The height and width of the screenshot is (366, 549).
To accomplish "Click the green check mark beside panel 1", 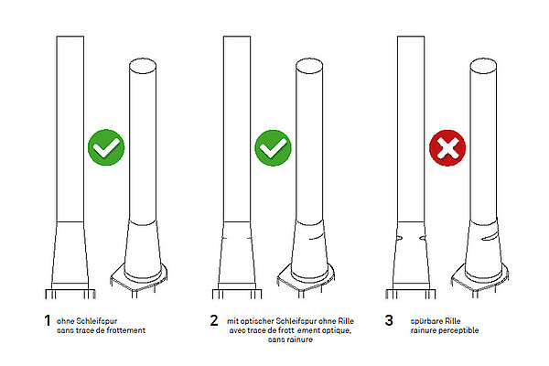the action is (x=106, y=147).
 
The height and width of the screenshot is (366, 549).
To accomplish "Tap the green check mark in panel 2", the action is (x=273, y=147).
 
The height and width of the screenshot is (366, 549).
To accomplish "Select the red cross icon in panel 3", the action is (x=447, y=148).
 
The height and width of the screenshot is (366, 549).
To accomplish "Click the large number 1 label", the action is (x=48, y=320).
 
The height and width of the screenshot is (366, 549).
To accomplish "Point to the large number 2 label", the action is (x=214, y=320).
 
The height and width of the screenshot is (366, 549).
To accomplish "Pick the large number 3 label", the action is (x=389, y=320).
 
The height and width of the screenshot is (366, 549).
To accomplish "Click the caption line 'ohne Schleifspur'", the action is (x=87, y=321).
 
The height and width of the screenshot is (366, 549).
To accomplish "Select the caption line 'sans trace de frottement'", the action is (x=101, y=330).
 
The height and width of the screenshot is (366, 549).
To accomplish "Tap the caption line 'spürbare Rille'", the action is (x=436, y=321).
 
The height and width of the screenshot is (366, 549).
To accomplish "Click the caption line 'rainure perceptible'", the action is (x=445, y=330).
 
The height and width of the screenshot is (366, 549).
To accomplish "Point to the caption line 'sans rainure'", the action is (x=290, y=339).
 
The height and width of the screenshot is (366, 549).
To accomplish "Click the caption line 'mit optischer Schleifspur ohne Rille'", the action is (x=290, y=321).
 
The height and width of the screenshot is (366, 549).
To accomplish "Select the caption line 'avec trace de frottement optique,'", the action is (x=290, y=330).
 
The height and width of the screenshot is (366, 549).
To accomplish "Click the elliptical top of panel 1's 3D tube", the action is (x=143, y=66).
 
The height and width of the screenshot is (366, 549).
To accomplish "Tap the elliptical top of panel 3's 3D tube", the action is (x=483, y=66).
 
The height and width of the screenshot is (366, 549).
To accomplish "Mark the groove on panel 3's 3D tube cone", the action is (x=490, y=238).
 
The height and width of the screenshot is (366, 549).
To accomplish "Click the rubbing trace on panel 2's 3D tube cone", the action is (x=317, y=237).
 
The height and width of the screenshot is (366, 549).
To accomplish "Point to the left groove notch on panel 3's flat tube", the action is (x=399, y=238).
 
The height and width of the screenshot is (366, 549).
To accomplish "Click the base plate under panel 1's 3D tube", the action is (x=139, y=279).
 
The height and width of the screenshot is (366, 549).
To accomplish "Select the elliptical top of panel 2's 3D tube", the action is (x=309, y=66).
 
